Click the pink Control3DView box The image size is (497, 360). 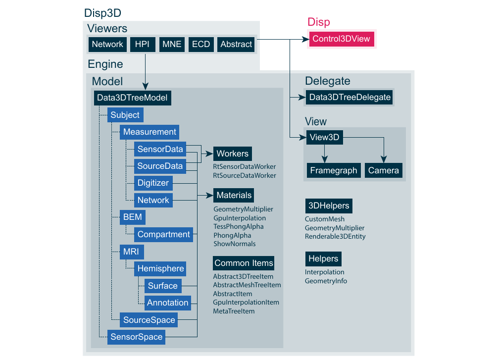pyautogui.click(x=341, y=39)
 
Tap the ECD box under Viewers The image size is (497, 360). pyautogui.click(x=201, y=44)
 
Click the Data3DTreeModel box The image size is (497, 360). pyautogui.click(x=132, y=98)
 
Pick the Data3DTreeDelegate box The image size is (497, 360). pyautogui.click(x=350, y=98)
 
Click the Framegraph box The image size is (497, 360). pyautogui.click(x=333, y=170)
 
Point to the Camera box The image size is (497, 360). pyautogui.click(x=383, y=170)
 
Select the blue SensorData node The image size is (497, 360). pyautogui.click(x=160, y=149)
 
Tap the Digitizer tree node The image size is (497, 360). pyautogui.click(x=153, y=183)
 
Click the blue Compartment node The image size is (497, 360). pyautogui.click(x=163, y=234)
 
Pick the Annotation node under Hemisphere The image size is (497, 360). pyautogui.click(x=168, y=303)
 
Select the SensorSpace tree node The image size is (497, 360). pyautogui.click(x=136, y=337)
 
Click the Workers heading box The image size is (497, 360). pyautogui.click(x=233, y=154)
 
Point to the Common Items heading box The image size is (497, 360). pyautogui.click(x=244, y=263)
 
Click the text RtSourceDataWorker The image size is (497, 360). pyautogui.click(x=244, y=175)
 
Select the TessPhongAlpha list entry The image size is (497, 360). pyautogui.click(x=239, y=226)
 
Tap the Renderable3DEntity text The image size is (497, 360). pyautogui.click(x=335, y=236)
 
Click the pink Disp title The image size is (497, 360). pyautogui.click(x=319, y=22)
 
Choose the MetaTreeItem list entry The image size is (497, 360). pyautogui.click(x=234, y=311)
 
